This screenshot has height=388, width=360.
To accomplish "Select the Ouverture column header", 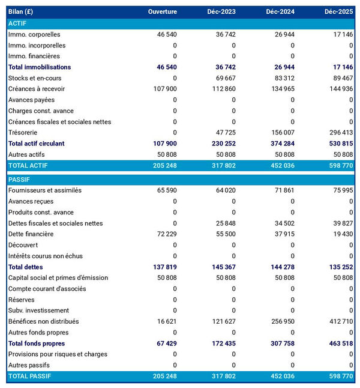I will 163,12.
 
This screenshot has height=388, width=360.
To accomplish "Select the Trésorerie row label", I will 25,133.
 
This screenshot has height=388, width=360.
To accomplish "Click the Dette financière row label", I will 31,234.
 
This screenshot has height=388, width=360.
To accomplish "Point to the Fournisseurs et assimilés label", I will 45,190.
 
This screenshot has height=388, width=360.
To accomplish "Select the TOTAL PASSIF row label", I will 30,376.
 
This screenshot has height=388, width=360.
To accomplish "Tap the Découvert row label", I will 23,245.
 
